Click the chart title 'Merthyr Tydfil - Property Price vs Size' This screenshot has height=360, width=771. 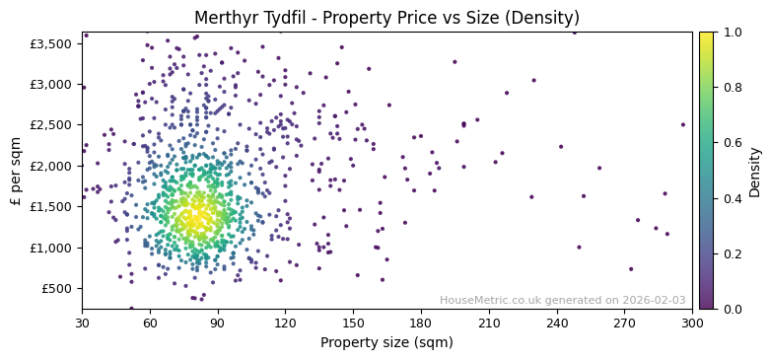pos(386,18)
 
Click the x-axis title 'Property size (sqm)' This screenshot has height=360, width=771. pos(386,342)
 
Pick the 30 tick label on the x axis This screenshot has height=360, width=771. pos(82,322)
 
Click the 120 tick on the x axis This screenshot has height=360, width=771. pos(285,322)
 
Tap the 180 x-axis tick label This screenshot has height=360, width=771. pos(421,322)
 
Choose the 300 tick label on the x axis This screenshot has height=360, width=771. pos(692,322)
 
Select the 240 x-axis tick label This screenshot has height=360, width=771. pos(557,322)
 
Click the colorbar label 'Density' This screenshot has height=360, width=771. pos(755,171)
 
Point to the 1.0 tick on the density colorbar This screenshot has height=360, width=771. pos(732,33)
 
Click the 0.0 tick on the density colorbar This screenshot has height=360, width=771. pos(732,309)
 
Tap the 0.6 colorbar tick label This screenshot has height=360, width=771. pos(732,143)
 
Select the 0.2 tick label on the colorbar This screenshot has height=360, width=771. pos(732,253)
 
